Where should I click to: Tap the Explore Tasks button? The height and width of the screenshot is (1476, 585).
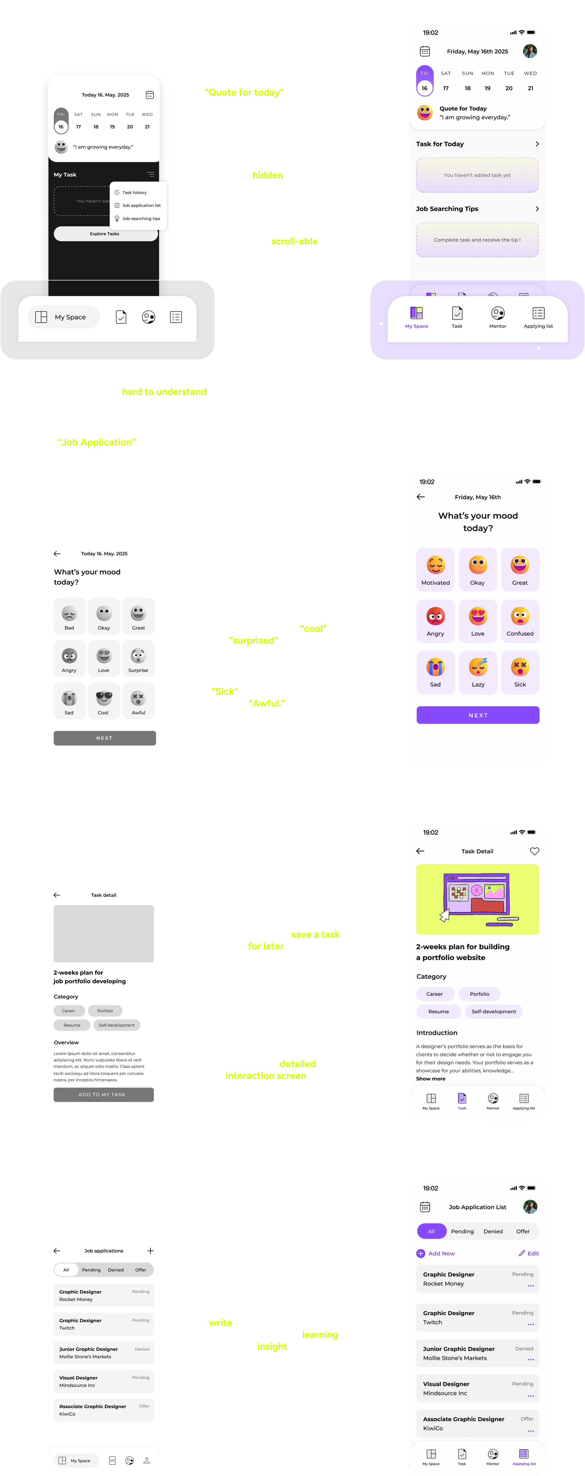105,234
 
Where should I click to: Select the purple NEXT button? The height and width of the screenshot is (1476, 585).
478,715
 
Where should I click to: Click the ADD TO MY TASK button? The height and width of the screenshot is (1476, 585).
103,1095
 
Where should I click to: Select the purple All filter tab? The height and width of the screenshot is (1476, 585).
431,1231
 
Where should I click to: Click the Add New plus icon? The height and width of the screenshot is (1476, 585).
420,1253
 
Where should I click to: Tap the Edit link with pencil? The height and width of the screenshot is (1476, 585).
529,1253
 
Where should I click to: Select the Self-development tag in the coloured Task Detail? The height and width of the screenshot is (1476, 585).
493,1011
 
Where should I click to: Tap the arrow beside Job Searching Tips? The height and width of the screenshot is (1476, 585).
537,208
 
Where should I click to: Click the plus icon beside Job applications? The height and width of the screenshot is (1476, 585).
150,1251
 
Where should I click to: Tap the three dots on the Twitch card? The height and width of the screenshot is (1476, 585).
530,1324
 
